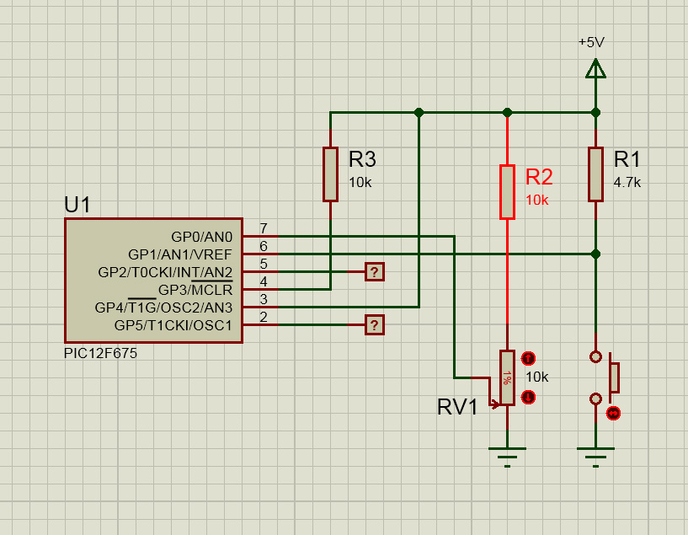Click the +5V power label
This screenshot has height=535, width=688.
click(591, 42)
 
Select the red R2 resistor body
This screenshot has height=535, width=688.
click(507, 192)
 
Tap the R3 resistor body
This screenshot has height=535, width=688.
click(330, 174)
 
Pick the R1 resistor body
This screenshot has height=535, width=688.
click(595, 174)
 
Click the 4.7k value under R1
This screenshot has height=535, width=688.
click(627, 182)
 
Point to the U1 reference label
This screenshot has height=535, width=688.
click(77, 205)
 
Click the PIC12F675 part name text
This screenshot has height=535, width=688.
click(100, 353)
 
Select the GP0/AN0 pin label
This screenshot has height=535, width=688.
click(201, 237)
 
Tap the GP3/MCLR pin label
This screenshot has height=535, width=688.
click(195, 290)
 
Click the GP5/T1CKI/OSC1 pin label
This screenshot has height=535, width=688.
click(173, 326)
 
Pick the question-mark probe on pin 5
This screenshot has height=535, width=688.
click(374, 272)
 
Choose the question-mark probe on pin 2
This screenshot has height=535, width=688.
click(374, 325)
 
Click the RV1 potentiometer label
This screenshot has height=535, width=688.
click(456, 407)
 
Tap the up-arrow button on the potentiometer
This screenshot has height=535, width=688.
click(528, 359)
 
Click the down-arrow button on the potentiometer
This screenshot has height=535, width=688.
click(528, 398)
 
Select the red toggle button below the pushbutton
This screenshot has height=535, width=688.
click(613, 414)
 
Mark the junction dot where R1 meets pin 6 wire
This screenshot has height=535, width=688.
click(595, 254)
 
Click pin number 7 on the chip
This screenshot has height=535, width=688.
click(264, 228)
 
